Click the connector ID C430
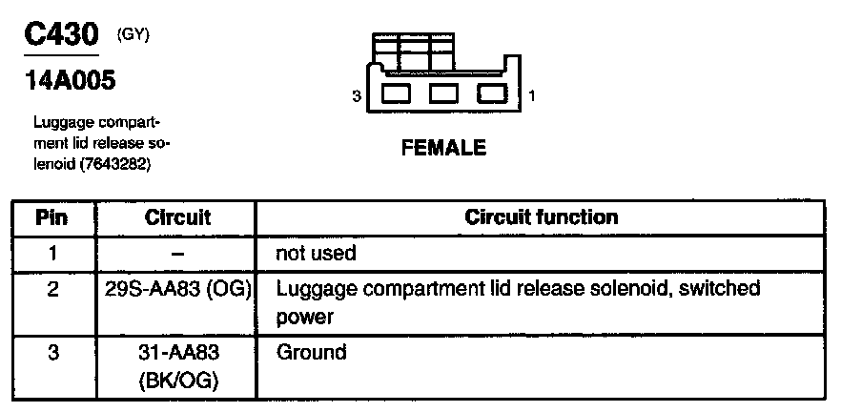pos(62,36)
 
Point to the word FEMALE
pos(443,148)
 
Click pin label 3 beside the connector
pos(356,96)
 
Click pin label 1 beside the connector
pos(531,96)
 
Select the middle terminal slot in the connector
pos(443,94)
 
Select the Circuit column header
pos(177,217)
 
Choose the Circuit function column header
pos(541,217)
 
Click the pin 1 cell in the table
pos(52,253)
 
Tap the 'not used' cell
pos(316,254)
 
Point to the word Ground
pos(311,353)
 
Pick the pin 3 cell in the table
pos(52,353)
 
